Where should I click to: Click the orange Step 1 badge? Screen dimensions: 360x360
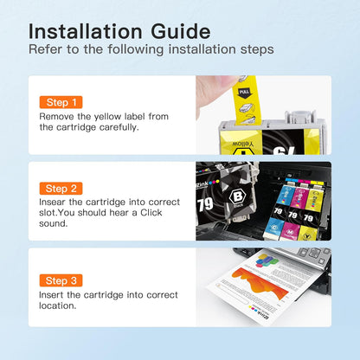click(x=61, y=102)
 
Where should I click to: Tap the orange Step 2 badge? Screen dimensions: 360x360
click(x=61, y=189)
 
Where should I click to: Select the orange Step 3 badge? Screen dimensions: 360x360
click(x=61, y=280)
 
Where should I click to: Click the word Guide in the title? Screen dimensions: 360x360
click(x=181, y=31)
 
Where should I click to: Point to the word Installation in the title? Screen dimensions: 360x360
click(x=86, y=31)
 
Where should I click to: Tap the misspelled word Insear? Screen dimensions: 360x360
click(x=53, y=202)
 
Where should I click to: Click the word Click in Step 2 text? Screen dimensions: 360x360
click(x=151, y=213)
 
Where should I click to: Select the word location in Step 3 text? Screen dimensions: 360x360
click(x=58, y=305)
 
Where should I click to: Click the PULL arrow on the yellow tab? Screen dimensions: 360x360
click(x=244, y=93)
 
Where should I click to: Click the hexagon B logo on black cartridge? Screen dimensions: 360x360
click(x=237, y=197)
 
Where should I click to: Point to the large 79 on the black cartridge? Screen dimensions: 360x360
click(x=205, y=204)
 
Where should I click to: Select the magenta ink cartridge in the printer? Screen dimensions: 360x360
click(x=294, y=209)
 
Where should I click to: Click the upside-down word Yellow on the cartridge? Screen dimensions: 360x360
click(x=243, y=144)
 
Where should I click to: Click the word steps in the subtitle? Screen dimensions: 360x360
click(x=257, y=49)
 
